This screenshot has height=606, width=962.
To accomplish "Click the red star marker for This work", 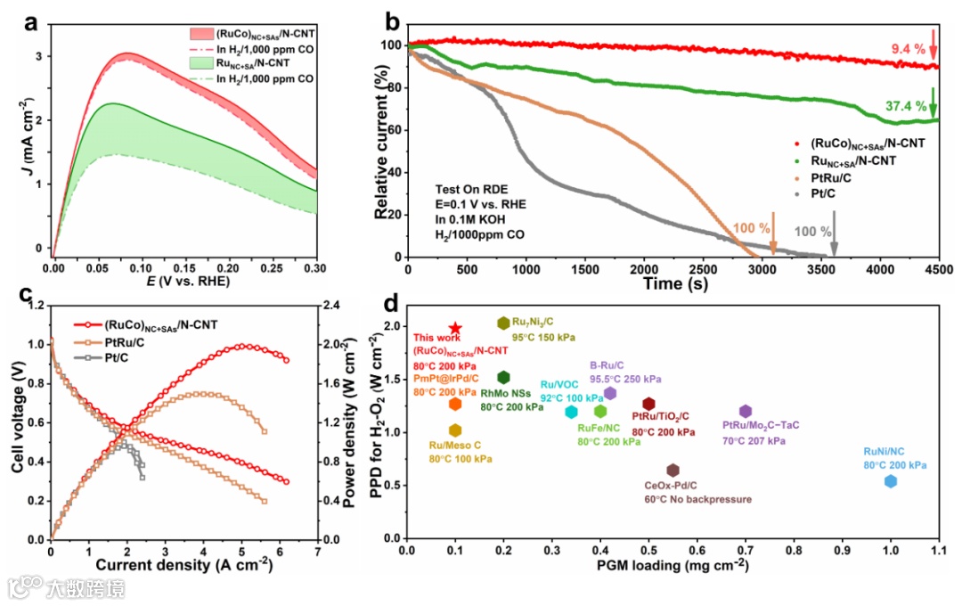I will [x=455, y=329].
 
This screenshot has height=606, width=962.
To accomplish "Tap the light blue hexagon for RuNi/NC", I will [x=890, y=481].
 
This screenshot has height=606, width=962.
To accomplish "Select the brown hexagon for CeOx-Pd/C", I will [x=673, y=471].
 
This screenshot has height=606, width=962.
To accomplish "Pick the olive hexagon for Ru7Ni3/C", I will [x=503, y=323].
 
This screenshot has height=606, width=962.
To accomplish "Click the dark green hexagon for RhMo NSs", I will [x=503, y=378].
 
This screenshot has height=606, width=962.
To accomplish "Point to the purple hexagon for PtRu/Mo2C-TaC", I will [x=746, y=411].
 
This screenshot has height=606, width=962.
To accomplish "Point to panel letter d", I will [x=390, y=303].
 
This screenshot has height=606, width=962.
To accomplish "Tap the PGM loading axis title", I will [x=673, y=565].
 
